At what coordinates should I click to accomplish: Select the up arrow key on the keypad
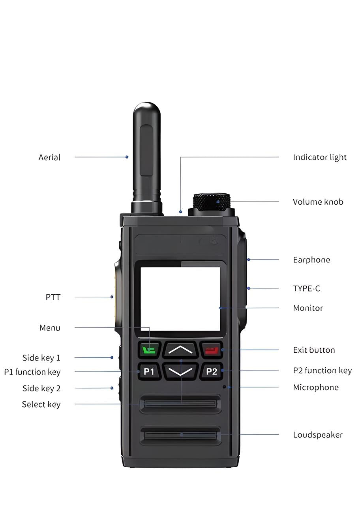click(x=180, y=350)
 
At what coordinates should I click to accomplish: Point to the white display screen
click(x=180, y=299)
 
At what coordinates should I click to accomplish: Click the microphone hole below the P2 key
click(x=224, y=387)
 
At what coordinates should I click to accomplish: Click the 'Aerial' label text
click(x=49, y=157)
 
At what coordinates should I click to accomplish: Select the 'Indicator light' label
click(x=320, y=157)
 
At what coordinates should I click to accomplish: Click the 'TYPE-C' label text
click(x=307, y=288)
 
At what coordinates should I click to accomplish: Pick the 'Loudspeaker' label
click(x=318, y=435)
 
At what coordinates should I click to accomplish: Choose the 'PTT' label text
click(x=53, y=297)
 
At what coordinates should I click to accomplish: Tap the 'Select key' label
click(x=41, y=404)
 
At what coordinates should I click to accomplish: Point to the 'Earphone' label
click(x=311, y=260)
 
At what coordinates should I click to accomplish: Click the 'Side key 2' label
click(x=41, y=388)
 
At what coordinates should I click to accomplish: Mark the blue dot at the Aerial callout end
click(x=127, y=157)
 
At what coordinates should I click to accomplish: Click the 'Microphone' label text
click(x=316, y=387)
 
